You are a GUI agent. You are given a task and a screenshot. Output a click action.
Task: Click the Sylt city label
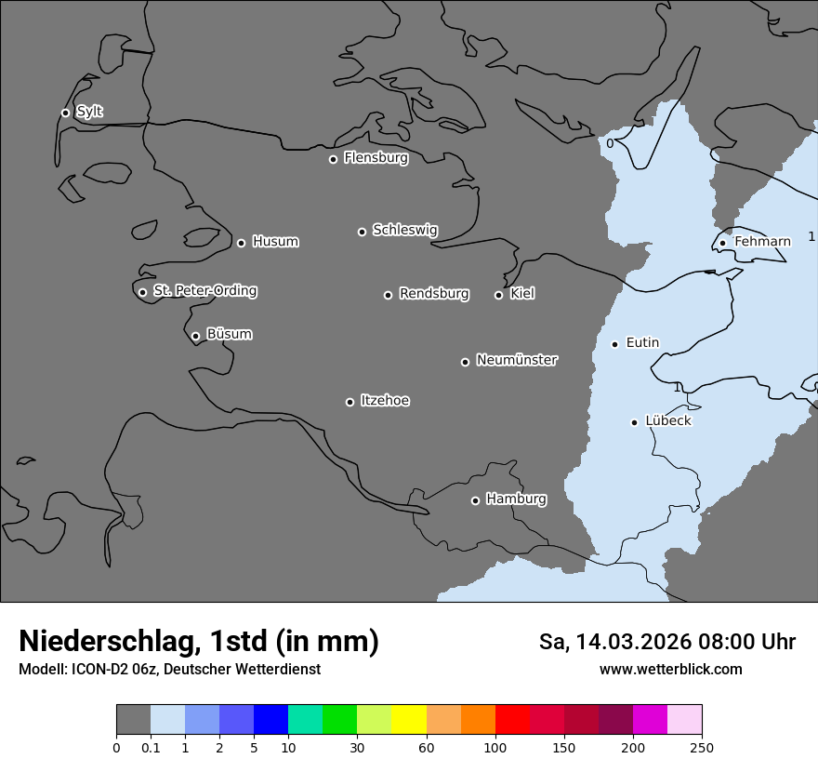89,112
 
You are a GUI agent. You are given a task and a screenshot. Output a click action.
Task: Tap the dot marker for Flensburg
333,159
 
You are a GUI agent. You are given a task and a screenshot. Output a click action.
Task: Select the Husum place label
275,242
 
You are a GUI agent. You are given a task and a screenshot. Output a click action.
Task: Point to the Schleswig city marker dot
362,232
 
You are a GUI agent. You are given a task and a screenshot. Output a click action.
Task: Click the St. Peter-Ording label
204,291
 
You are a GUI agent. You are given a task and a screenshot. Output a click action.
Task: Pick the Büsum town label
229,334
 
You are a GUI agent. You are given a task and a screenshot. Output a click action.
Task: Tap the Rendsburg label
433,294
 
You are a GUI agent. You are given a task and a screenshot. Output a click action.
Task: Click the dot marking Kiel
498,295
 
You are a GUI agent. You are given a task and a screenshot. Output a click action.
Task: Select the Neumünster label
517,360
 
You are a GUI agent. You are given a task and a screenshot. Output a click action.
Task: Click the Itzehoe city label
385,401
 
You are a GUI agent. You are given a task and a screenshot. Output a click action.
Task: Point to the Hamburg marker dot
475,500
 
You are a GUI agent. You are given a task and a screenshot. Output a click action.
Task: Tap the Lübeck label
668,420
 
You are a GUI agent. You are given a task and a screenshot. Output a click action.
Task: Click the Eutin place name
642,343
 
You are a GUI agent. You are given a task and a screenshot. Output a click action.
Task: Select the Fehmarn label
762,242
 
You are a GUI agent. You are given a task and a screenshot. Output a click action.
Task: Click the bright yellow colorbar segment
409,720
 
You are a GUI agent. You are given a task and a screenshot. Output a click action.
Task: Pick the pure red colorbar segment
512,720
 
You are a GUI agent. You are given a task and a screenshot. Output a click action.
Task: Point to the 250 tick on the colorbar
702,747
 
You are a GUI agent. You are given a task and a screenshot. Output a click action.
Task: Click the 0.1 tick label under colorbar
151,747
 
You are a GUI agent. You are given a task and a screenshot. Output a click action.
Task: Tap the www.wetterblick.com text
670,669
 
